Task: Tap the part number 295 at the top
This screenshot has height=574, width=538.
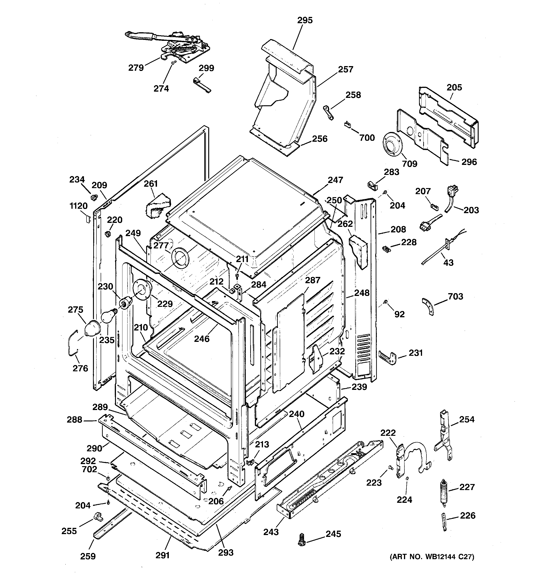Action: click(305, 20)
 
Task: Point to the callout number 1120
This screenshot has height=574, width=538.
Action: click(79, 206)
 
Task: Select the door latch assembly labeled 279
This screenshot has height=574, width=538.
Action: click(176, 46)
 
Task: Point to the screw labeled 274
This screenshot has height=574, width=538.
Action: click(173, 63)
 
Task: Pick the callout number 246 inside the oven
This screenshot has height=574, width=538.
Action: click(202, 338)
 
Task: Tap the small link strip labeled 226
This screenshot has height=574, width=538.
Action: click(444, 521)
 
